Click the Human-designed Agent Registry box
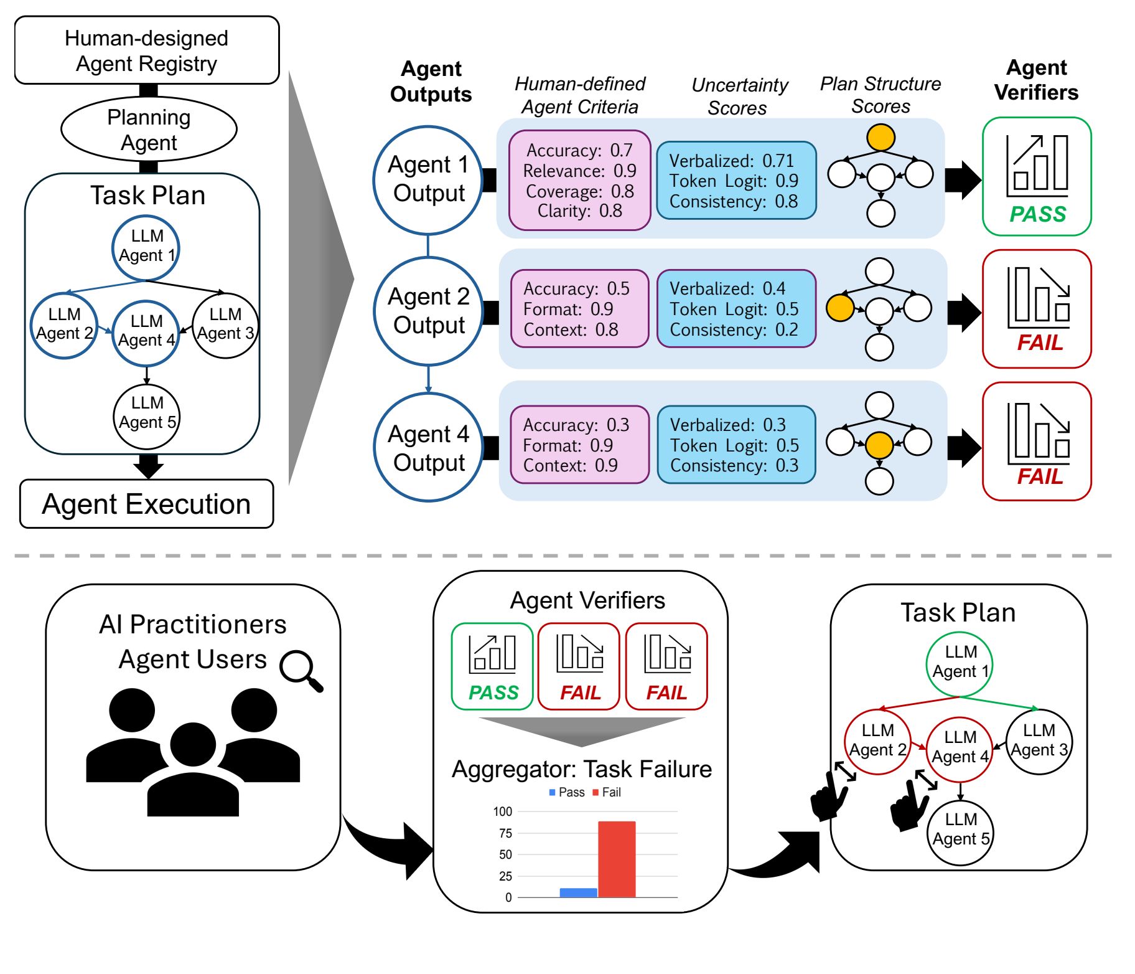pos(147,50)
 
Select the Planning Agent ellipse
pos(149,130)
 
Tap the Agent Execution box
pos(146,504)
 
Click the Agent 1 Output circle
pos(428,179)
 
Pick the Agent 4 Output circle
pos(428,448)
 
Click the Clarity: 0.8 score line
pos(579,211)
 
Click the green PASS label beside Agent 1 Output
pos(1037,214)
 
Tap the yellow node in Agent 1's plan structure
pos(881,138)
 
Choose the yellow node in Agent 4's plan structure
pos(879,445)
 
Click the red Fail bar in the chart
pos(617,859)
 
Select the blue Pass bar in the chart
pos(578,892)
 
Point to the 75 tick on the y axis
pos(505,833)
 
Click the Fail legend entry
pos(607,792)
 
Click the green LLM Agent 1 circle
pos(960,663)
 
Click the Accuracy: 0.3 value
pos(576,425)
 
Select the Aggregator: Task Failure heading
pos(582,769)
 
